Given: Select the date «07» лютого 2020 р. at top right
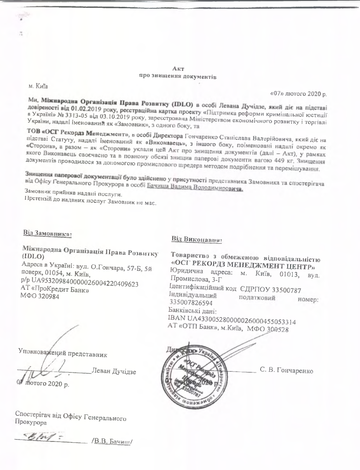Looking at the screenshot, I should (x=298, y=93).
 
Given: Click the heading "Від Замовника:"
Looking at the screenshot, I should (x=47, y=233).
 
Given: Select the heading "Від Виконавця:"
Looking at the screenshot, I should (x=197, y=240).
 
